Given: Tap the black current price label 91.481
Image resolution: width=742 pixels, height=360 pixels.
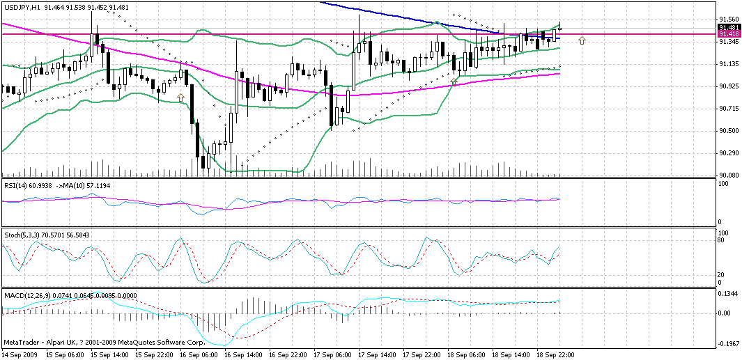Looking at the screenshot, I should (729, 27).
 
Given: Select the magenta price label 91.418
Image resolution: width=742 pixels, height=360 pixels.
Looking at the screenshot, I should (729, 33).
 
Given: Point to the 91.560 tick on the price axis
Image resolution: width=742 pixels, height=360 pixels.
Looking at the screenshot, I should (729, 19).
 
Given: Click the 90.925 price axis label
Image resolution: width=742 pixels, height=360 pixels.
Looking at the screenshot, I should (729, 86).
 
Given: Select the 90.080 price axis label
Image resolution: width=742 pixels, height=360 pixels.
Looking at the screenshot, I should (729, 175).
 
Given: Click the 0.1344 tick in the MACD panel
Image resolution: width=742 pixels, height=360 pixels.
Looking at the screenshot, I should (729, 293).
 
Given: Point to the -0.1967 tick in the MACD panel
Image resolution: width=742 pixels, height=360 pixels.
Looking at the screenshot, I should (729, 343).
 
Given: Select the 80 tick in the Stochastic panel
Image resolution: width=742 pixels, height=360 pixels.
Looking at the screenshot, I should (722, 240).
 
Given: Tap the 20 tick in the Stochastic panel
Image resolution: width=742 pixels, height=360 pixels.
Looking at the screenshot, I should (722, 274).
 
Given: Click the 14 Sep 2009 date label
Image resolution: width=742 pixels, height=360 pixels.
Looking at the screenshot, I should (20, 354).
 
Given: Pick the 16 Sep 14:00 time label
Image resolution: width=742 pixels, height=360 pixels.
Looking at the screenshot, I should (243, 354).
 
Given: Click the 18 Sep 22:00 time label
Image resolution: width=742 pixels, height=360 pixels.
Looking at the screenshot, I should (556, 354).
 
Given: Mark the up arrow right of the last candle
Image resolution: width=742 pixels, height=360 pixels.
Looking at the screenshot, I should (582, 40).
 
